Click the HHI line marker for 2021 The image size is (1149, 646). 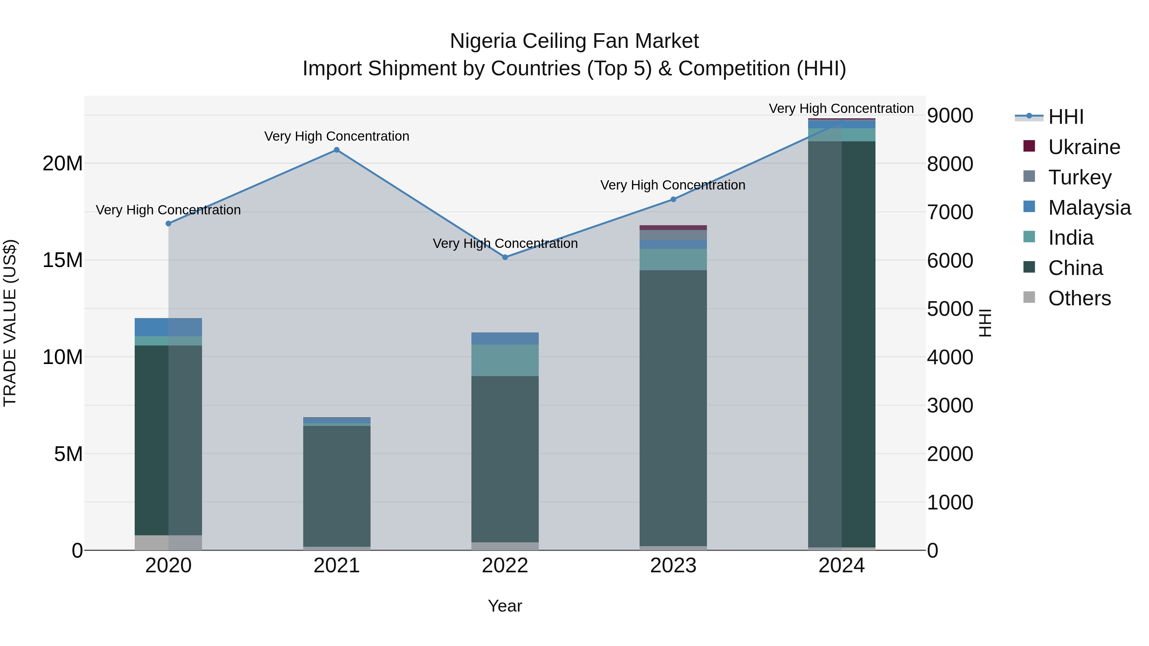337,150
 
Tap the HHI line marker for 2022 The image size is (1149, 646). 505,257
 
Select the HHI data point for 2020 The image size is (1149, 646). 168,223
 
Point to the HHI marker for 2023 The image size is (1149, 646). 673,199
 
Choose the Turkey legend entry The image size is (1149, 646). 1079,177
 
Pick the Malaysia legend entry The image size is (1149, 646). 1088,208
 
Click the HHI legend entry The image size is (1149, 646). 1065,117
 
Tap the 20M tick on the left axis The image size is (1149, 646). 63,164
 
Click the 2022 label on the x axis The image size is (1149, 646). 505,566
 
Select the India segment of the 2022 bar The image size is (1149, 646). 505,360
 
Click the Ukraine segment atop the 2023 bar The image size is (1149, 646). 673,228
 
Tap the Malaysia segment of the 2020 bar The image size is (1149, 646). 168,327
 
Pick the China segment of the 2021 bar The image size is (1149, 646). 337,486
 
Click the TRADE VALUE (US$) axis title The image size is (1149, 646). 10,323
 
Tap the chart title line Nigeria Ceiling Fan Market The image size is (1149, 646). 574,41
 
